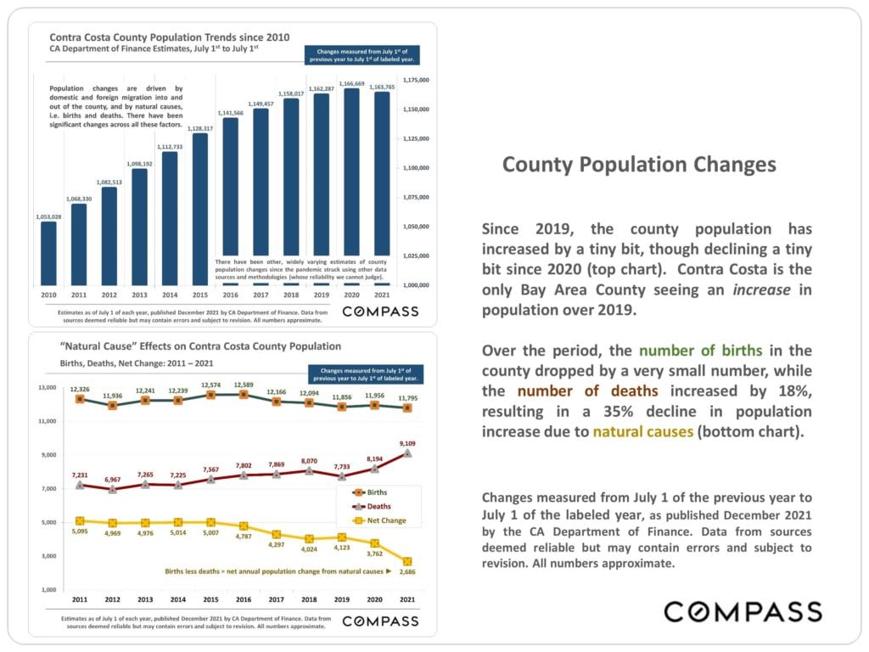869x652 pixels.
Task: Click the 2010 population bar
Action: pos(48,253)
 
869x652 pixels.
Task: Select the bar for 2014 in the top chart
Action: pos(170,218)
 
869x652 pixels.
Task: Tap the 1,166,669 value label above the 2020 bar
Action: pos(351,84)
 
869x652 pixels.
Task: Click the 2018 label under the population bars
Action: pos(291,294)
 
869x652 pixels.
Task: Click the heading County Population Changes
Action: pos(639,164)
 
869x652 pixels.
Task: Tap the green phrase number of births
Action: pos(700,351)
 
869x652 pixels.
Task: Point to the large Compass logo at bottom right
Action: pos(743,611)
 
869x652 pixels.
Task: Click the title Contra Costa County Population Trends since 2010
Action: pos(170,37)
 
